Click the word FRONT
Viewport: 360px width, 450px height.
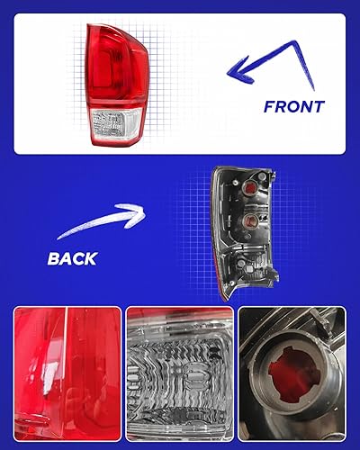click(x=293, y=106)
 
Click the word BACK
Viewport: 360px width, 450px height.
click(x=72, y=259)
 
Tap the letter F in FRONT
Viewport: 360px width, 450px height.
click(x=269, y=106)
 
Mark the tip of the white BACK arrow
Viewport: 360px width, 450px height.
click(x=144, y=212)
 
